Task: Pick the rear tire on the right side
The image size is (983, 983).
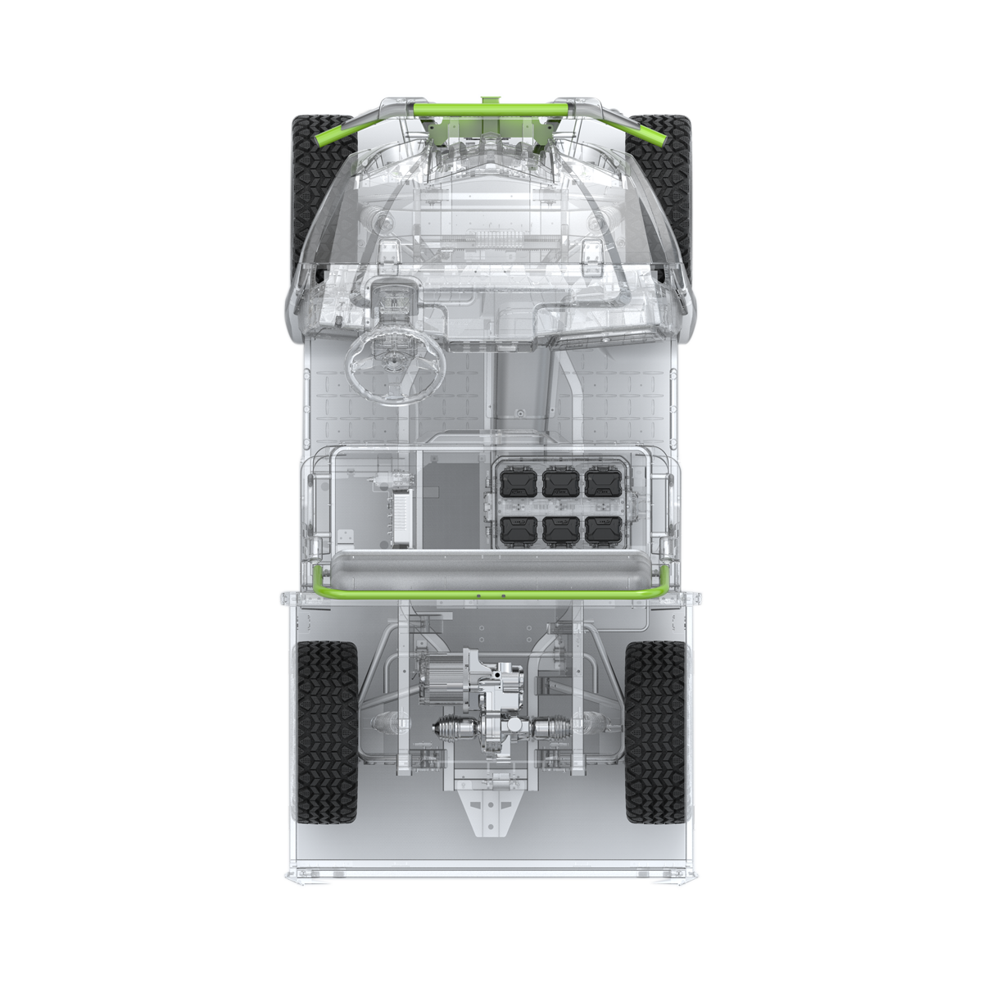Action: tap(655, 732)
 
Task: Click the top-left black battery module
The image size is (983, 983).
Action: tap(518, 482)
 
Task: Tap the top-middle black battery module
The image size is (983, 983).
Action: tap(560, 482)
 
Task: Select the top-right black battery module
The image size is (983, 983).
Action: tap(603, 482)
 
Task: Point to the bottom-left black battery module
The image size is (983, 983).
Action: tap(518, 530)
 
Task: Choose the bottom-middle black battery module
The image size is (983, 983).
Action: tap(560, 530)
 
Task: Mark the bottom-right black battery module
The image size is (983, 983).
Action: tap(603, 530)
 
